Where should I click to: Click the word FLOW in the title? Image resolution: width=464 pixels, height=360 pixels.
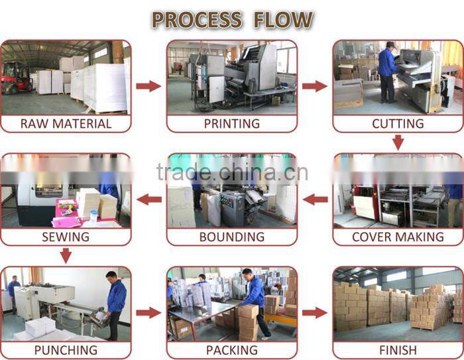pyautogui.click(x=283, y=20)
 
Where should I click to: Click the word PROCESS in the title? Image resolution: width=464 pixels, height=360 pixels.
pyautogui.click(x=197, y=20)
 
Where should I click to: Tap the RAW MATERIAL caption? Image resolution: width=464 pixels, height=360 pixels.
pyautogui.click(x=66, y=124)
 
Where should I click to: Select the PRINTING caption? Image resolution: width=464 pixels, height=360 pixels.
pyautogui.click(x=232, y=124)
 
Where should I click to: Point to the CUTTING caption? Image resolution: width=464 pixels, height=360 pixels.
pyautogui.click(x=398, y=124)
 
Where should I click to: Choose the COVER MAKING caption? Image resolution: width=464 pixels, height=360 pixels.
pyautogui.click(x=398, y=237)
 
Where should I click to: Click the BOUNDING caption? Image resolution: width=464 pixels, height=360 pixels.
pyautogui.click(x=232, y=237)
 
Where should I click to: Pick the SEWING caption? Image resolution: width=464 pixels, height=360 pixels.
pyautogui.click(x=66, y=237)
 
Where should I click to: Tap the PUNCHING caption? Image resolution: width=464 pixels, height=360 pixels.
pyautogui.click(x=66, y=350)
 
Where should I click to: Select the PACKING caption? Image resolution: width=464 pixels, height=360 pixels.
pyautogui.click(x=232, y=350)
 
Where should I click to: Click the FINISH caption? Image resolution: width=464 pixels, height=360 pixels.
pyautogui.click(x=398, y=350)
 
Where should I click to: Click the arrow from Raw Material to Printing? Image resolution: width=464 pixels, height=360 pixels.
pyautogui.click(x=148, y=86)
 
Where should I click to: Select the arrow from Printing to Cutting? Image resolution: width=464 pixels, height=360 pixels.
pyautogui.click(x=315, y=86)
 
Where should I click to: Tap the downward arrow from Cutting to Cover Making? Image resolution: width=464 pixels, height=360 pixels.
pyautogui.click(x=398, y=143)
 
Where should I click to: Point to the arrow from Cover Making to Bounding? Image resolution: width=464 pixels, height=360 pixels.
pyautogui.click(x=315, y=200)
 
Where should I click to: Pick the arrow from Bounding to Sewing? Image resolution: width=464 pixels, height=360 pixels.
pyautogui.click(x=149, y=200)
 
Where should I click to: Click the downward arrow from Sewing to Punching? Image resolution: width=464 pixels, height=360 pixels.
pyautogui.click(x=66, y=256)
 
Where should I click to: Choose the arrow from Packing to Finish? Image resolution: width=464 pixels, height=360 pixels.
pyautogui.click(x=315, y=313)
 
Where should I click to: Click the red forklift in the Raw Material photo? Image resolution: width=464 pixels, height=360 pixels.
pyautogui.click(x=17, y=78)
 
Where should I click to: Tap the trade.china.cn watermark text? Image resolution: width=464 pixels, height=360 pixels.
pyautogui.click(x=232, y=172)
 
